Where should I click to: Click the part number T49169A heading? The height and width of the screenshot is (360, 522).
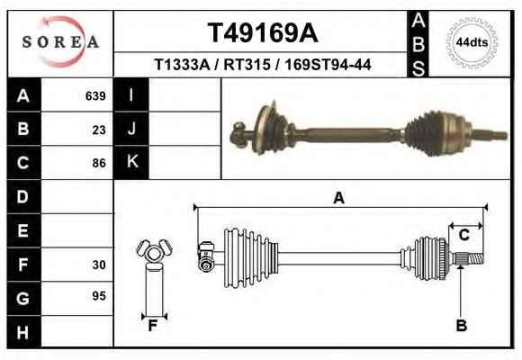click(263, 32)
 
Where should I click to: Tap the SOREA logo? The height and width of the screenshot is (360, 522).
click(60, 42)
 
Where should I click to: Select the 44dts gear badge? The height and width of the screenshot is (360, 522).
click(472, 42)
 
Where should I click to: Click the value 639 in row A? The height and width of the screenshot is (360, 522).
click(95, 96)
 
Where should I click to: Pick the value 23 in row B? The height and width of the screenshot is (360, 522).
click(99, 130)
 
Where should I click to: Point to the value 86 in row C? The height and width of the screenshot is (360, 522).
click(99, 163)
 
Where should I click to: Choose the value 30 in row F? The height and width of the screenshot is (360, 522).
click(99, 265)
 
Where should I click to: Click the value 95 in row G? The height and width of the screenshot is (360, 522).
click(99, 296)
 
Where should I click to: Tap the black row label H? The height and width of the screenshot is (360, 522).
click(23, 332)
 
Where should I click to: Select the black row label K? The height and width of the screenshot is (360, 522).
click(131, 162)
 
